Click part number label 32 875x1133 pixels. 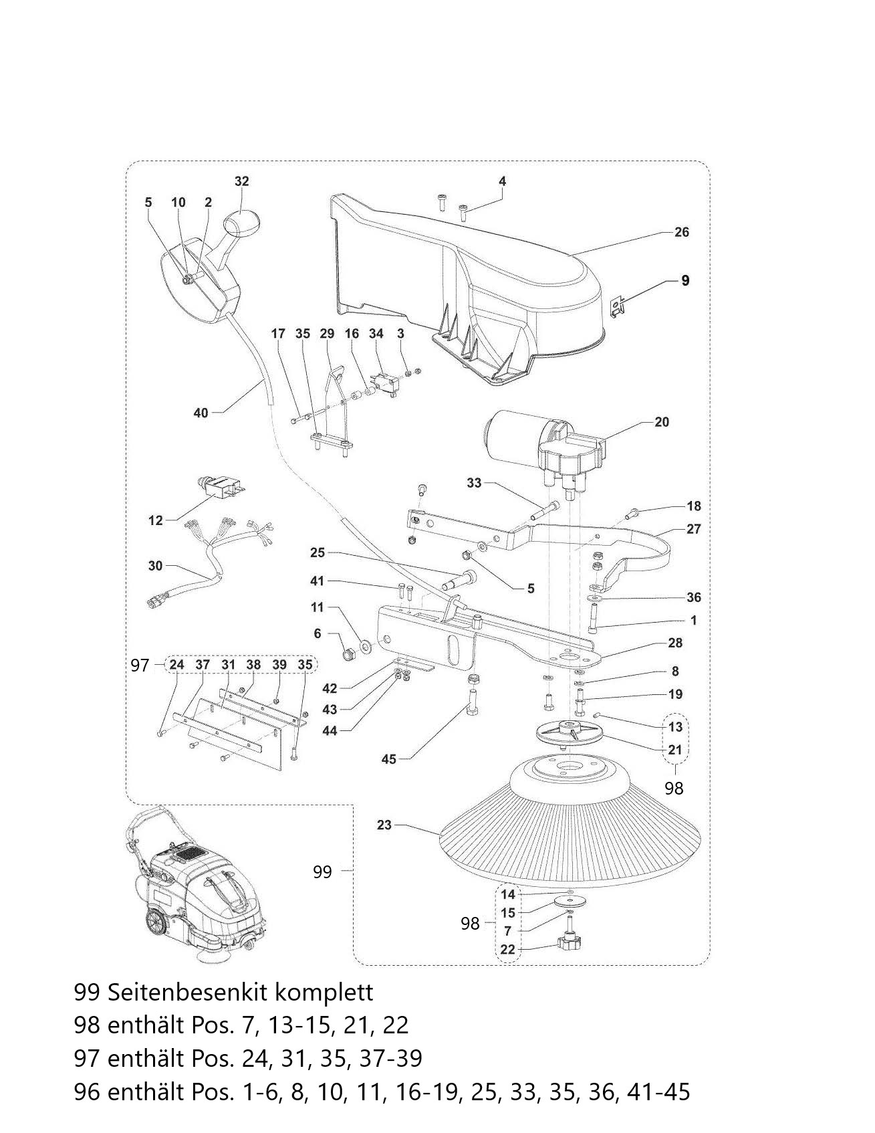point(241,181)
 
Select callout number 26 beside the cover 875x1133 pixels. point(681,232)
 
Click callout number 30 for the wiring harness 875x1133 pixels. point(155,566)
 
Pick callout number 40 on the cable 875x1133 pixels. point(201,413)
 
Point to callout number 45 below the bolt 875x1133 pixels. point(388,759)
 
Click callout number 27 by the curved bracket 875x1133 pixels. point(694,529)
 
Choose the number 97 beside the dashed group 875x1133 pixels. point(140,665)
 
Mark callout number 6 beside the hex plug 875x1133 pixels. point(318,633)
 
